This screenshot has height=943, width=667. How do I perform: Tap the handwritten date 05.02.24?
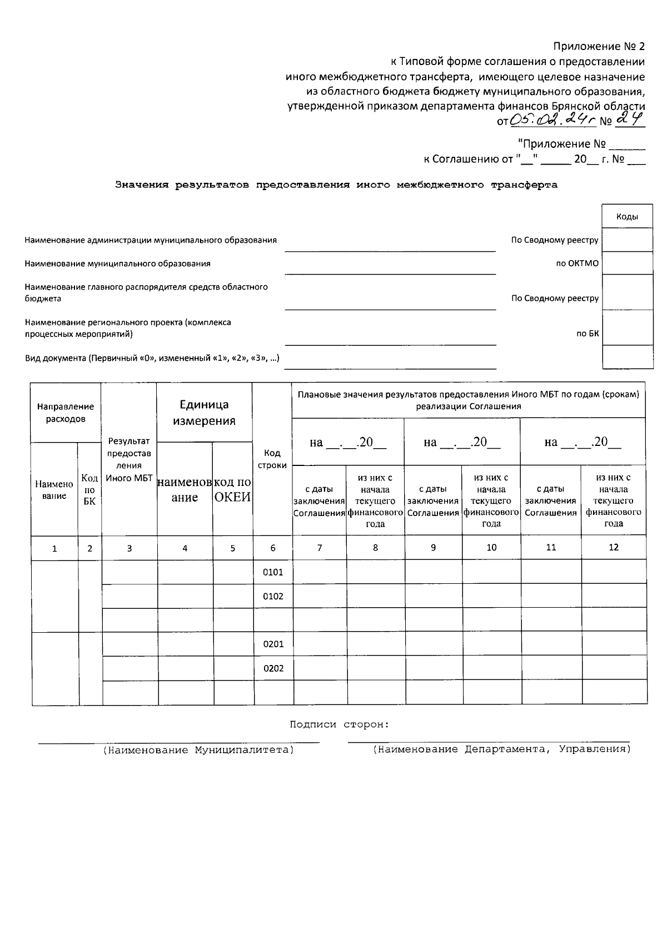coord(547,120)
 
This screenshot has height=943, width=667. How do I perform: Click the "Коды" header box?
coord(627,217)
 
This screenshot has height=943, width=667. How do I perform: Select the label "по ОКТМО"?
coord(578,264)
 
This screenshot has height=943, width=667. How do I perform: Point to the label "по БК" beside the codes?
coord(588,334)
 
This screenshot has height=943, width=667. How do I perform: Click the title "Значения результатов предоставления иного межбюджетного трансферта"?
coord(336,185)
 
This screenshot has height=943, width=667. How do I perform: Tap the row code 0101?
coord(273,572)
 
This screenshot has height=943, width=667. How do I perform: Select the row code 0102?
coord(273,597)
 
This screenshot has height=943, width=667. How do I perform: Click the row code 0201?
coord(273,644)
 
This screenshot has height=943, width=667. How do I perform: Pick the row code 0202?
coord(273,668)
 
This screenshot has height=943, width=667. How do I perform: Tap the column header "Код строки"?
coord(272,459)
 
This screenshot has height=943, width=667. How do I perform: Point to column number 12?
coord(614,547)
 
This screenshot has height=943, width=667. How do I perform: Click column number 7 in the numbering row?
coord(320,548)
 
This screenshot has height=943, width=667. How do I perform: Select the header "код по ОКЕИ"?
coord(233,490)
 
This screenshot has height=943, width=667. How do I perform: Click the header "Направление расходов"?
coord(66,413)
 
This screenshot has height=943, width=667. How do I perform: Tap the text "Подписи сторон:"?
coord(339,724)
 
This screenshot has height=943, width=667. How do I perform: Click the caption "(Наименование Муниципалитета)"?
coord(198,750)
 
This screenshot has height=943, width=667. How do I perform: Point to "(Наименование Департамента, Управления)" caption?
coord(501,750)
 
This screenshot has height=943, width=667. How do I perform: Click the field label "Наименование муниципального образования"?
coord(117,264)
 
